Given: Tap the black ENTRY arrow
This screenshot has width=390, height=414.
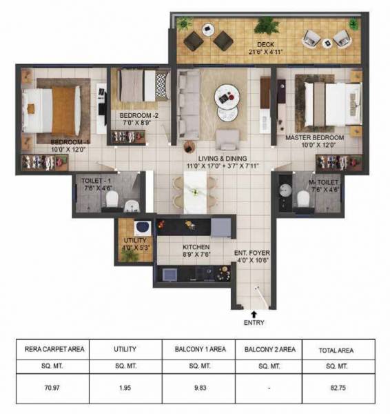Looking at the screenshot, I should (x=254, y=313).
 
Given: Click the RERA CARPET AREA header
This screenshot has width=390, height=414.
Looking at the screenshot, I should (x=54, y=350).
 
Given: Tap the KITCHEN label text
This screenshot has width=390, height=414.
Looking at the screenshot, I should (x=196, y=246).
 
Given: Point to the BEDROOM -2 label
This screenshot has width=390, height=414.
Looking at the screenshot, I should (x=139, y=115).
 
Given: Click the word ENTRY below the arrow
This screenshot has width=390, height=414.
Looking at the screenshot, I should (x=254, y=322).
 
